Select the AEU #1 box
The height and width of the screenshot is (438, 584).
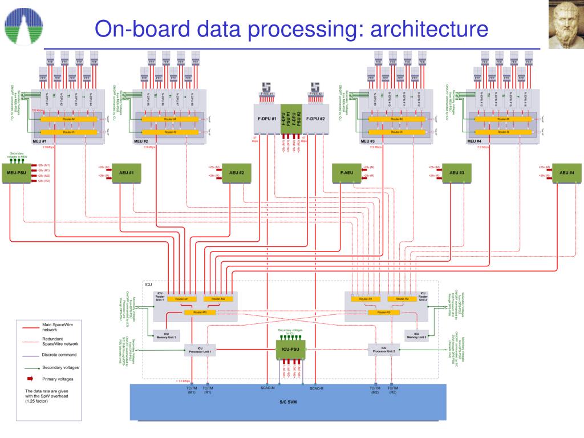[x=126, y=173]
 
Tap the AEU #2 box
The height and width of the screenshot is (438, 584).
[x=237, y=173]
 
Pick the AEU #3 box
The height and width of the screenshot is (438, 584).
[x=457, y=173]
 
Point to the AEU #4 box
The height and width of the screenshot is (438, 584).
[x=567, y=173]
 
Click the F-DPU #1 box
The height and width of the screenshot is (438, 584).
[x=266, y=119]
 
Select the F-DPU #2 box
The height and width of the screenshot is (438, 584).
[x=315, y=119]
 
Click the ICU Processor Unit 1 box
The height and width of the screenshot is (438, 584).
[x=201, y=350]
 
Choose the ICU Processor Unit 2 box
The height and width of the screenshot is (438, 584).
[x=383, y=350]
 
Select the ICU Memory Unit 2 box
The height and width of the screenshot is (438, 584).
[x=416, y=335]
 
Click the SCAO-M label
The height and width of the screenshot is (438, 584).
[x=267, y=388]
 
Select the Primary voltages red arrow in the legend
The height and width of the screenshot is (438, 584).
[x=30, y=379]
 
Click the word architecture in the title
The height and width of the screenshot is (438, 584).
[x=429, y=29]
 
